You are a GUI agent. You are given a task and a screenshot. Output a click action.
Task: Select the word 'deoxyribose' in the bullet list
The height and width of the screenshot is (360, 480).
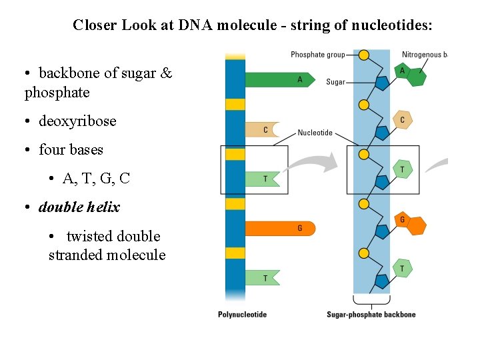pyautogui.click(x=77, y=121)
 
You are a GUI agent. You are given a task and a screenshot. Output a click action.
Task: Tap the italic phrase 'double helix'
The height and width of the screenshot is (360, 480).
pyautogui.click(x=79, y=207)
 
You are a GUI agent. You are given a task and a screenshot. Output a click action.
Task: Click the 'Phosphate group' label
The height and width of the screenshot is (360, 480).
pyautogui.click(x=317, y=54)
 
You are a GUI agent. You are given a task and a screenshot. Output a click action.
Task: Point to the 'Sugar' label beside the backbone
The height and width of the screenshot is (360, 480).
pyautogui.click(x=335, y=82)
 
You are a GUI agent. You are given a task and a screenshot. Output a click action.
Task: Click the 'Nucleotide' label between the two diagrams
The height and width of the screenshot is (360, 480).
pyautogui.click(x=315, y=133)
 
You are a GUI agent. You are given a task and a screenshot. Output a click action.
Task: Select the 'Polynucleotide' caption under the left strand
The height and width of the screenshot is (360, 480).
pyautogui.click(x=242, y=315)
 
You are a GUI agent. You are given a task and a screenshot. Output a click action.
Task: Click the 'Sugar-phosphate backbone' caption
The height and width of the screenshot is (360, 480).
pyautogui.click(x=371, y=315)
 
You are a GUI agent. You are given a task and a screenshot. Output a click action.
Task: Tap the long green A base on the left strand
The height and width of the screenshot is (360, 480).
pyautogui.click(x=280, y=79)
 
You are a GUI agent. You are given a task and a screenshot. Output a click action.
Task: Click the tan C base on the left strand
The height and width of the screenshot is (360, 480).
pyautogui.click(x=262, y=130)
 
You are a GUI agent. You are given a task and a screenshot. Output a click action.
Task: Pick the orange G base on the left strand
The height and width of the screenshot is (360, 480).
pyautogui.click(x=280, y=229)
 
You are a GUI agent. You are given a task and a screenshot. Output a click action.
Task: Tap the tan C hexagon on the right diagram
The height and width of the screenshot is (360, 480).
pyautogui.click(x=402, y=120)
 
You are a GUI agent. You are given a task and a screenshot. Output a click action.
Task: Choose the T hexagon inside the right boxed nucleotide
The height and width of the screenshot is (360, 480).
pyautogui.click(x=402, y=170)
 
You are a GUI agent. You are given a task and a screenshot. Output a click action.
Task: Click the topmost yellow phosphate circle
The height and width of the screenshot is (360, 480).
pyautogui.click(x=364, y=55)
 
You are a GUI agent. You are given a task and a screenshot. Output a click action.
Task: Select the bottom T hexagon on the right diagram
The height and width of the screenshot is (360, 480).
pyautogui.click(x=402, y=269)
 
